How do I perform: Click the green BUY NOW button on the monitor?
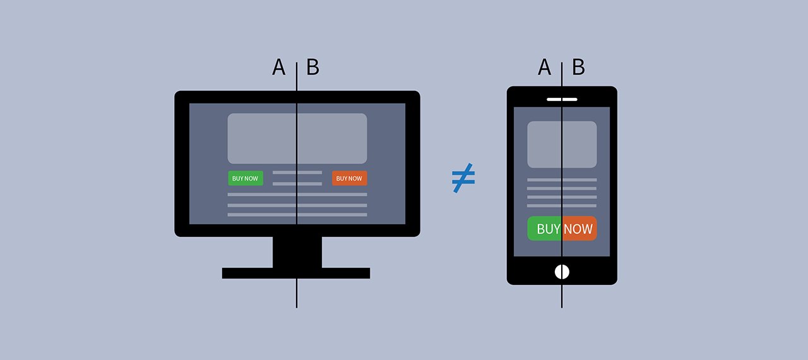click(x=246, y=178)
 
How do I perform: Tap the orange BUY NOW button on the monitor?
click(x=350, y=178)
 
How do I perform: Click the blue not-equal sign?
click(x=463, y=178)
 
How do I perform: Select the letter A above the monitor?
click(x=278, y=67)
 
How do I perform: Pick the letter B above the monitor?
click(x=312, y=67)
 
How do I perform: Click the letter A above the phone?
click(x=544, y=67)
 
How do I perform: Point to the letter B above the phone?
click(x=579, y=67)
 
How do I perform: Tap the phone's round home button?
click(x=562, y=272)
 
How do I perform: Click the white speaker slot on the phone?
click(x=562, y=99)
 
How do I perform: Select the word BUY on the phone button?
click(x=549, y=229)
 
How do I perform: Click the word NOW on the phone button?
click(x=578, y=229)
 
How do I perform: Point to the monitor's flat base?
click(x=296, y=273)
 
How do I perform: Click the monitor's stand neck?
click(x=297, y=252)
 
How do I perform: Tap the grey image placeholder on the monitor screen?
click(x=297, y=138)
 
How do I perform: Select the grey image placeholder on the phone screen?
click(x=562, y=144)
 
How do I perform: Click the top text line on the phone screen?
click(x=562, y=179)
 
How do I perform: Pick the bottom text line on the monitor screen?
click(x=297, y=215)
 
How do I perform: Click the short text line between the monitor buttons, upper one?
click(x=297, y=172)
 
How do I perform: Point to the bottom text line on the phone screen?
click(x=562, y=206)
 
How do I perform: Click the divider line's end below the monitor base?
click(x=297, y=308)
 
